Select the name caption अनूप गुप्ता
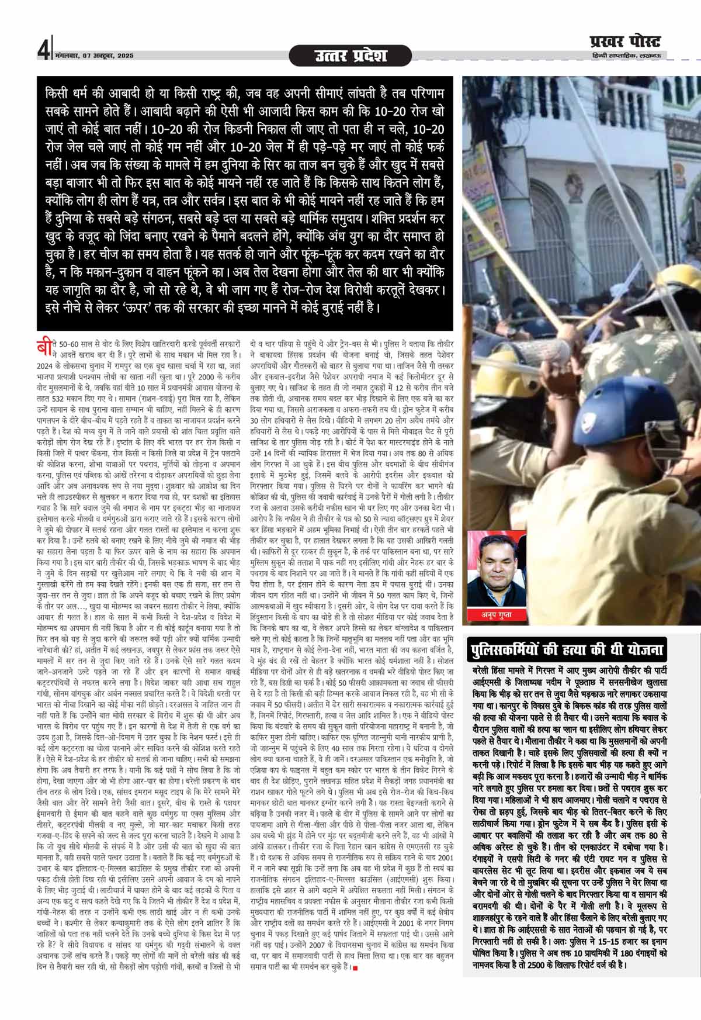click(497, 614)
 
